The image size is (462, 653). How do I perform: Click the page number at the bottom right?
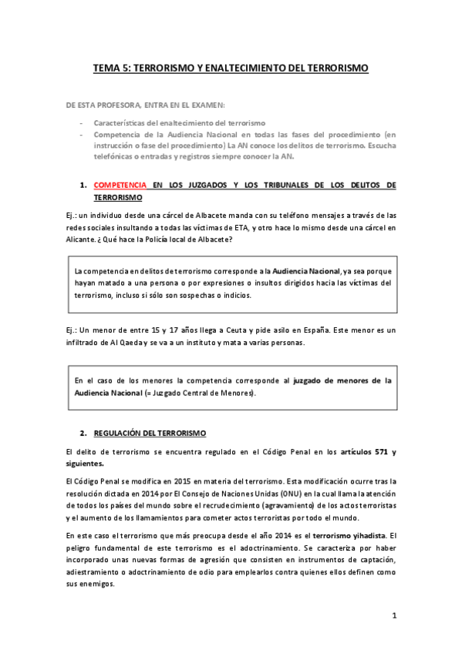pyautogui.click(x=393, y=615)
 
